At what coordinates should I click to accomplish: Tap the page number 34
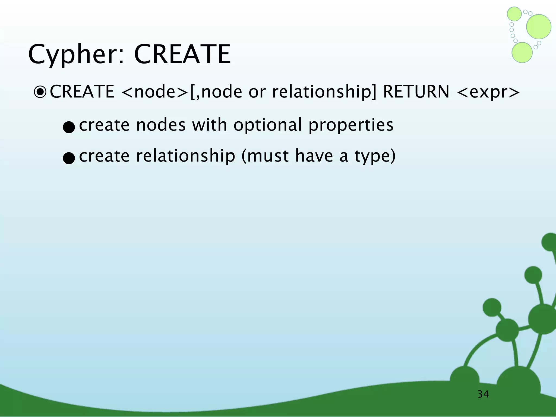click(x=483, y=394)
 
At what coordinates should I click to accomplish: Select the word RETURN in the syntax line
click(x=416, y=91)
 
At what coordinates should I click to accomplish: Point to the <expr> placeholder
click(x=488, y=92)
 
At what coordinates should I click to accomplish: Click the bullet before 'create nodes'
click(x=68, y=127)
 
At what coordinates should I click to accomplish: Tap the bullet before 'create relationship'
click(x=68, y=158)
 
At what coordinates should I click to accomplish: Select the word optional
click(x=267, y=125)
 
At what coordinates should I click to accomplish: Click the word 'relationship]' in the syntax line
click(x=324, y=92)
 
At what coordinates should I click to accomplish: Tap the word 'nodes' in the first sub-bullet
click(x=161, y=125)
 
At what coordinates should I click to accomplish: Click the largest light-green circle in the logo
click(x=539, y=27)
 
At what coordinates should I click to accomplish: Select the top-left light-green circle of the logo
click(x=514, y=14)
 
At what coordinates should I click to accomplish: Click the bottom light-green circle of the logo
click(x=522, y=52)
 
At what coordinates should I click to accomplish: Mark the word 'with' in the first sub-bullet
click(x=209, y=125)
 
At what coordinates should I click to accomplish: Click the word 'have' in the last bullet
click(x=314, y=156)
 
